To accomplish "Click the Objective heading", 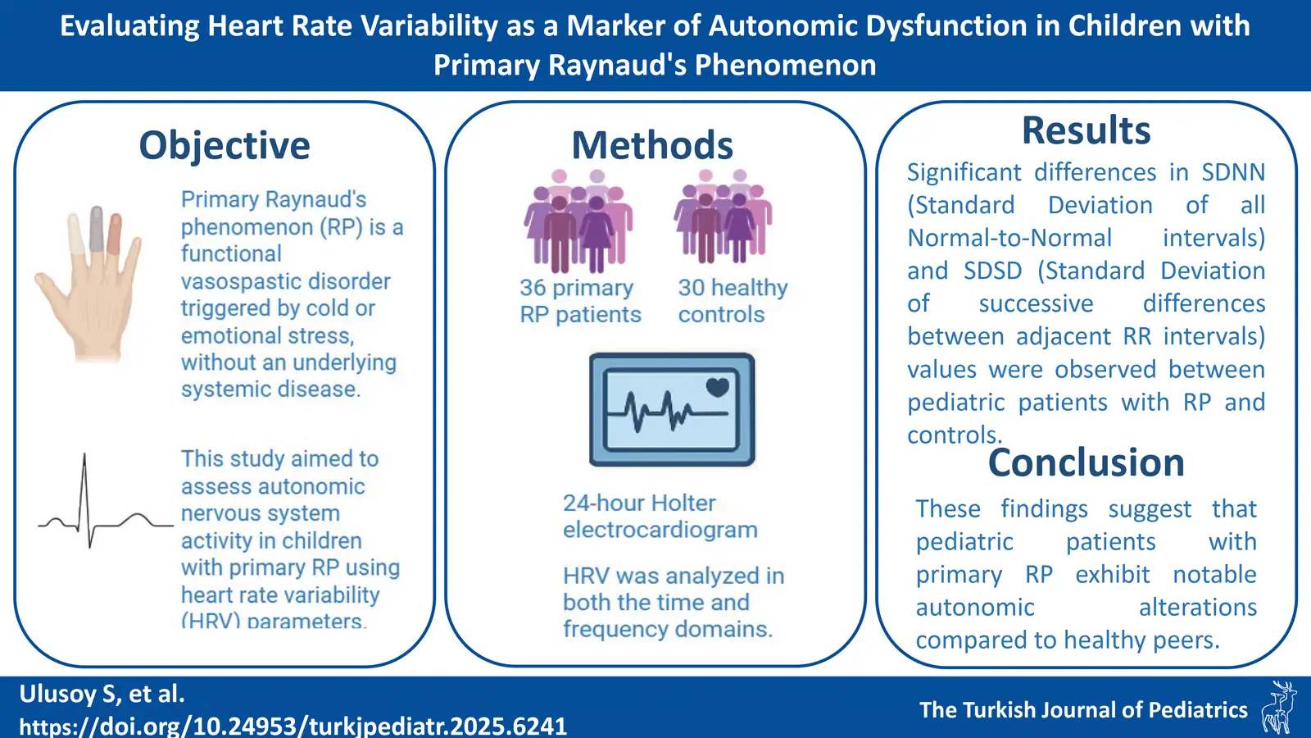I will point(225,146).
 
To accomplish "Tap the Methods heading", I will point(651,146).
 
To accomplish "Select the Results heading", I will point(1086,131).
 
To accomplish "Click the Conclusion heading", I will point(1086,463).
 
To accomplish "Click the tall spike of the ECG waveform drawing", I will point(84,476).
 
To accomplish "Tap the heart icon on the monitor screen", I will point(717,386).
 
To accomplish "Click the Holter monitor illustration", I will point(671,409).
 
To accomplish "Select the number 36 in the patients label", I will point(533,289).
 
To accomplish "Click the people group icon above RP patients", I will point(578,221).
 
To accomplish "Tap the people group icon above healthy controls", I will point(723,217).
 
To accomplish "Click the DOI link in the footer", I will point(293,726).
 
